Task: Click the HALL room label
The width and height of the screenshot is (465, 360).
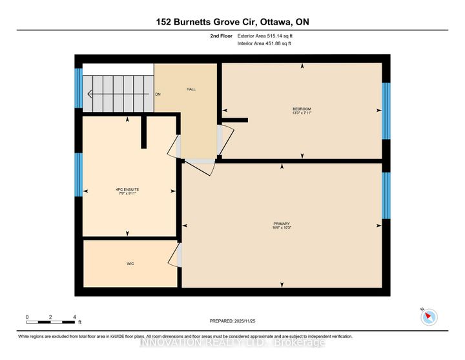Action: coord(191,89)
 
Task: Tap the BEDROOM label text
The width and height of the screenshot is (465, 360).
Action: coord(302,108)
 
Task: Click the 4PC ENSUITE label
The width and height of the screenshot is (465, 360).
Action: coord(128,189)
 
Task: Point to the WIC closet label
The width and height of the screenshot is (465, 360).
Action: coord(130,264)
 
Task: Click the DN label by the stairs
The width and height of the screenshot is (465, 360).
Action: coord(157,94)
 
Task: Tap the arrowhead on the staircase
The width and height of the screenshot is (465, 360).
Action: coord(90,94)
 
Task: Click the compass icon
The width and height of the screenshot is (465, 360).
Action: coord(429,317)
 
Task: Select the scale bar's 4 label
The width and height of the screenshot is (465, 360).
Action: coord(75,317)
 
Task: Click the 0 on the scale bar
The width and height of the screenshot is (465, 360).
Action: coord(27,317)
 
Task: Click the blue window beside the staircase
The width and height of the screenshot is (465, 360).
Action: coord(78,88)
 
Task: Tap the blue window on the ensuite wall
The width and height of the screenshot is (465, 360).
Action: coord(78,175)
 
